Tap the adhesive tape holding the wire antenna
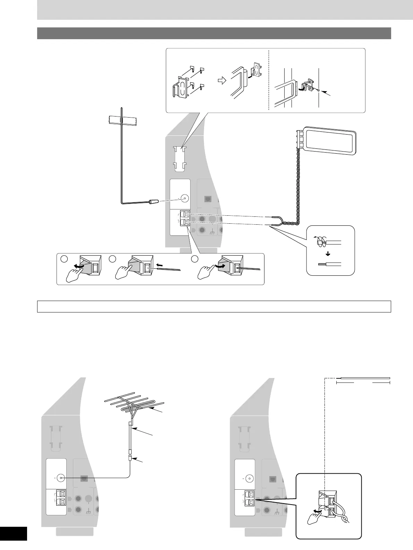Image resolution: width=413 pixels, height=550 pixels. click(121, 120)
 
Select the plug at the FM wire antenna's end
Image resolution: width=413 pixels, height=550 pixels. click(154, 201)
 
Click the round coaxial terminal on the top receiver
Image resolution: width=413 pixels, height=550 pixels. click(184, 199)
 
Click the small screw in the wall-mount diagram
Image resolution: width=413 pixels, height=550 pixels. click(318, 90)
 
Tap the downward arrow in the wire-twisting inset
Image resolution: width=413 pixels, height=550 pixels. click(328, 253)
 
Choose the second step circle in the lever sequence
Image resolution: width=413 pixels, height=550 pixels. click(112, 259)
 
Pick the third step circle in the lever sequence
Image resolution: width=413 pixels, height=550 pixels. click(195, 259)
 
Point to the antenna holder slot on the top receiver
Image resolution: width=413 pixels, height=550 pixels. click(180, 158)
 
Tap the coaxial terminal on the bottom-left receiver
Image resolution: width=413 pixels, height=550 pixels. click(61, 478)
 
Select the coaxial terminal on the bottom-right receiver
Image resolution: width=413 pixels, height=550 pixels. click(249, 478)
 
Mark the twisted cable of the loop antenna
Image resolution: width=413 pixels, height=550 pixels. click(297, 187)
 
